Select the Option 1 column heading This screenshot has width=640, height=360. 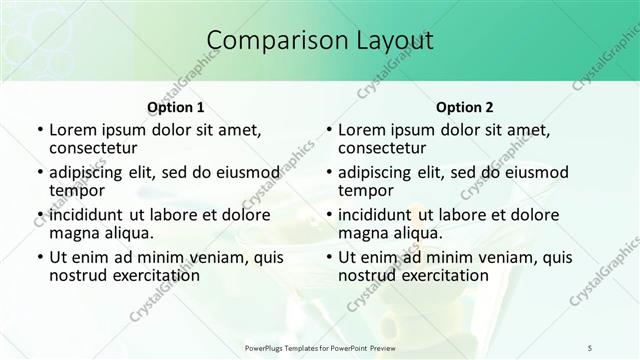[176, 107]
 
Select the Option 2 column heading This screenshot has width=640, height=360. [465, 107]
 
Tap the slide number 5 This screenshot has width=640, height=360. [590, 347]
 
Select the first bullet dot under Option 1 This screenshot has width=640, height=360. [39, 130]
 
